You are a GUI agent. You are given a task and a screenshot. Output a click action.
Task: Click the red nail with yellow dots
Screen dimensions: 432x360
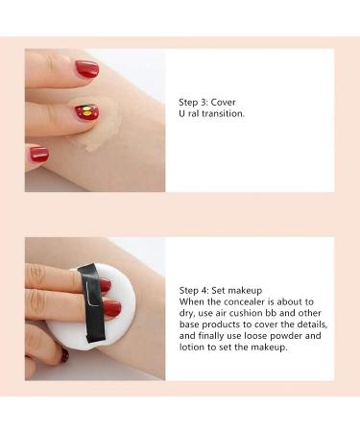(x=86, y=112)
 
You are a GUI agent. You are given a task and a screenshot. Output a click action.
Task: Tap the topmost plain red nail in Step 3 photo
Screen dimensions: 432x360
(x=86, y=69)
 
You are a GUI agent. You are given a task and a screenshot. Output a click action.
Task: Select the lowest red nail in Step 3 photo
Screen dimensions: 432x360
(x=38, y=154)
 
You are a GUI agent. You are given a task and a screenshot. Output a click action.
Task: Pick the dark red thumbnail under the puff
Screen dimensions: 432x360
(x=63, y=354)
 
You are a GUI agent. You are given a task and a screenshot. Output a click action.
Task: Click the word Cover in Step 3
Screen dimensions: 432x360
(x=223, y=101)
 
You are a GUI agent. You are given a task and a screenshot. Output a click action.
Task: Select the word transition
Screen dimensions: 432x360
(x=224, y=113)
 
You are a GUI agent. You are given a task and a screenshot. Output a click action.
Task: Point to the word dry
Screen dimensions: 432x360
(x=187, y=312)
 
